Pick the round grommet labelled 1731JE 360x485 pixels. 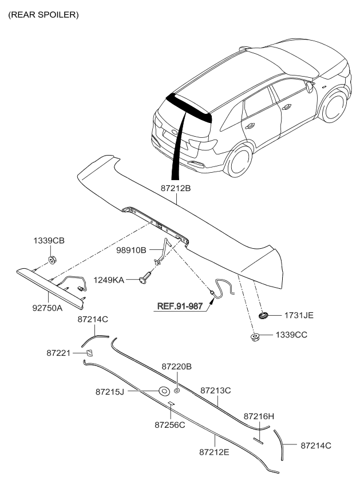click(x=264, y=315)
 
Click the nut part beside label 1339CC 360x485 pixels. click(x=254, y=336)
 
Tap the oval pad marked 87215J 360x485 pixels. click(x=163, y=392)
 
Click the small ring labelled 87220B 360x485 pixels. click(x=177, y=391)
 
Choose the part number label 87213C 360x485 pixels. click(x=216, y=390)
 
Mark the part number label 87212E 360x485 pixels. click(x=215, y=452)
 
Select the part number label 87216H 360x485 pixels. click(x=259, y=416)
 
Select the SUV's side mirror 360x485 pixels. click(x=310, y=87)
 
